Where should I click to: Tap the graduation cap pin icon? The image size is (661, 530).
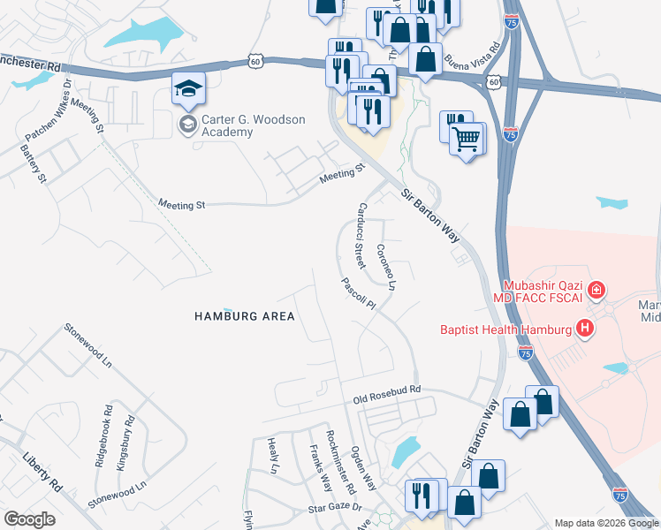click(189, 89)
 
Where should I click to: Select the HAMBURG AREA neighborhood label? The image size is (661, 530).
click(245, 315)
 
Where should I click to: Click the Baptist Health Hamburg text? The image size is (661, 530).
click(506, 330)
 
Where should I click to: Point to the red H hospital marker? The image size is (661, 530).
click(584, 329)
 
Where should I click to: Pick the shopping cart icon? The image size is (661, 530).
click(467, 137)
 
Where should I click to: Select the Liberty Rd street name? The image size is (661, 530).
click(43, 473)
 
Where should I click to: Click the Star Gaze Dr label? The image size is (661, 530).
click(335, 508)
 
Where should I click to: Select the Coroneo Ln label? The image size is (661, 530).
click(386, 268)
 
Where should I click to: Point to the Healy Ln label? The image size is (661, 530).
click(273, 453)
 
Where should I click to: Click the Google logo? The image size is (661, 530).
click(29, 519)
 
